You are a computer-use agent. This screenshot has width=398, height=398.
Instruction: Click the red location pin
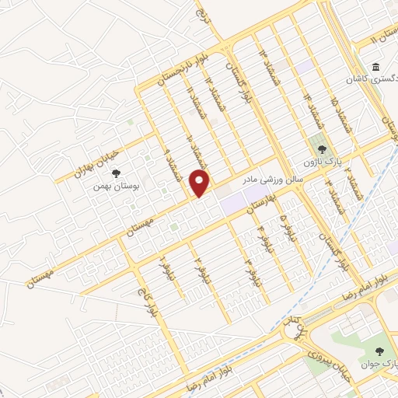point(201,183)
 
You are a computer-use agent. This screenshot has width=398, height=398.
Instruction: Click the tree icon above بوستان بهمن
point(117,175)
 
